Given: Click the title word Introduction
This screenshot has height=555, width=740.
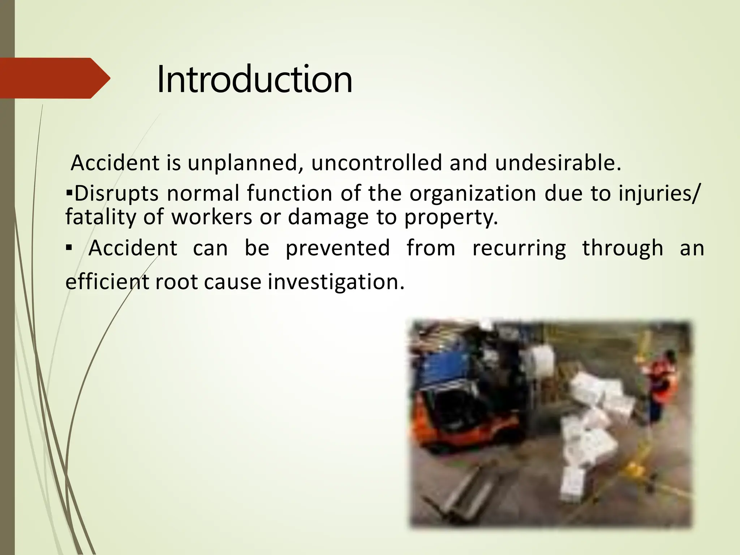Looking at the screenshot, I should pyautogui.click(x=254, y=79).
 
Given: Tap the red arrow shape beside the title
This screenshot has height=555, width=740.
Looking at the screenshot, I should pyautogui.click(x=54, y=78).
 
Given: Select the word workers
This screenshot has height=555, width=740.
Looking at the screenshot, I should pyautogui.click(x=211, y=218).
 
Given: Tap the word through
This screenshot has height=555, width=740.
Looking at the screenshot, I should pyautogui.click(x=623, y=249).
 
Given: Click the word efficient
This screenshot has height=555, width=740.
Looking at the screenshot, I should pyautogui.click(x=107, y=282).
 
